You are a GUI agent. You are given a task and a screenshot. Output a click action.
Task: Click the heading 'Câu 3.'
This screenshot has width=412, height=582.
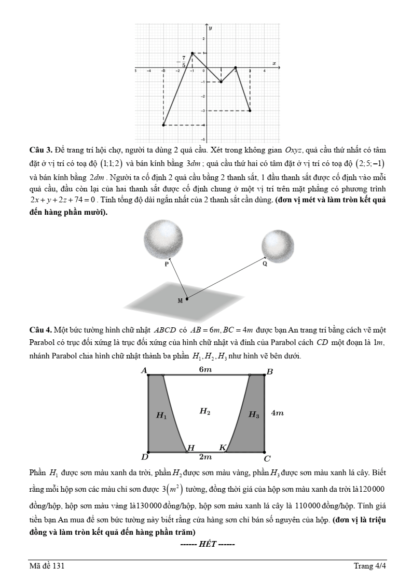40,150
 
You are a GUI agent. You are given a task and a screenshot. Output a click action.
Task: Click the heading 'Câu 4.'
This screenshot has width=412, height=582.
40,330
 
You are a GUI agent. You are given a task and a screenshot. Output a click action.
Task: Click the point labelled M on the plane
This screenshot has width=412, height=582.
187,298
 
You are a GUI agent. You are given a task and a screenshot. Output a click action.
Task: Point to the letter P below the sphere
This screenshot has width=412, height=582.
167,264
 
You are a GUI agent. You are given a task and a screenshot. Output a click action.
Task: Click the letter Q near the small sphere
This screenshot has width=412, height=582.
265,264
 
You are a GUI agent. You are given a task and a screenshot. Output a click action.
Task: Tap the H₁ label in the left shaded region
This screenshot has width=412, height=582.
161,415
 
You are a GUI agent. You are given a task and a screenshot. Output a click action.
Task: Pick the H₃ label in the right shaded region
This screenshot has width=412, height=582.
253,414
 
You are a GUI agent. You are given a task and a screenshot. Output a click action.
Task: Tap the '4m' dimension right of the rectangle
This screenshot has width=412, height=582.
277,413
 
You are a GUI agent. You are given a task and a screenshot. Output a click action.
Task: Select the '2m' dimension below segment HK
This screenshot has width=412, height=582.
205,457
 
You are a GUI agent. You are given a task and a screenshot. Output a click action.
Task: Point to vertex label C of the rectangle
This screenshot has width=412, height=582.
267,459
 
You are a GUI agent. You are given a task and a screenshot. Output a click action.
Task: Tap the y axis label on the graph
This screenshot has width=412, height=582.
210,30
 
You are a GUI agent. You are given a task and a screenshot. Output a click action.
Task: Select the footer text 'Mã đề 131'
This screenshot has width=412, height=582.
47,566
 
